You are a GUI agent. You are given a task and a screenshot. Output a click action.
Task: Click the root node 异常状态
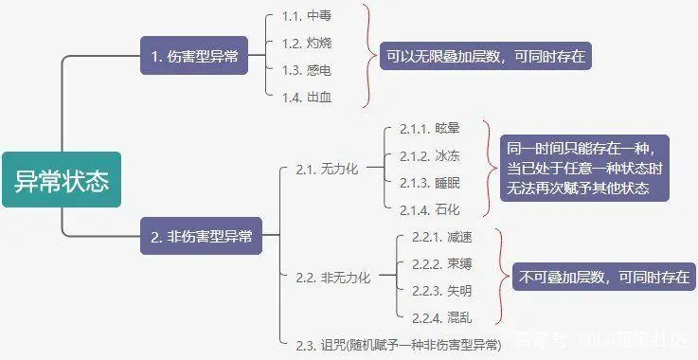coord(62,180)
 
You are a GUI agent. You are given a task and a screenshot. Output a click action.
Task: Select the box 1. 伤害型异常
coord(194,58)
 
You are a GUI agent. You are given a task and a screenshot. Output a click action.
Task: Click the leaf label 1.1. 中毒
coord(308,16)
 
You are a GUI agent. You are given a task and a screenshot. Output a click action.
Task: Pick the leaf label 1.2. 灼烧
coord(308,43)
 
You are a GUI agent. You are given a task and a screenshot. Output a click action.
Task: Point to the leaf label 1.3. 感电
coord(308,70)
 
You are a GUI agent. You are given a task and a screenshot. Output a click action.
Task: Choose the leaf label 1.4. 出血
coord(308,97)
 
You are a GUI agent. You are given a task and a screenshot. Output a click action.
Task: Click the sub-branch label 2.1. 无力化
coord(327,169)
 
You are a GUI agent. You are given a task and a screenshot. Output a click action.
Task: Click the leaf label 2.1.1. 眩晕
coord(429,128)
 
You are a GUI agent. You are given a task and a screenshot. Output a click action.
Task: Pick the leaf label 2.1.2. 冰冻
coord(429,155)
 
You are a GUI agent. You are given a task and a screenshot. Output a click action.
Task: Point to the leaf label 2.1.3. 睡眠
coord(429,182)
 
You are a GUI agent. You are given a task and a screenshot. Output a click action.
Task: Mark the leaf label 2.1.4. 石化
coord(429,208)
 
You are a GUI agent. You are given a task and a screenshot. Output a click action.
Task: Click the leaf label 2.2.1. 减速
coord(441,235)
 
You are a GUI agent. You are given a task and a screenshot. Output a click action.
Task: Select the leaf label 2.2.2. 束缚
coord(441,262)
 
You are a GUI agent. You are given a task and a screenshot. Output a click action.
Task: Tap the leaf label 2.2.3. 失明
coord(441,290)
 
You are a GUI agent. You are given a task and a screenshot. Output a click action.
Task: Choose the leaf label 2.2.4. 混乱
coord(441,316)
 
